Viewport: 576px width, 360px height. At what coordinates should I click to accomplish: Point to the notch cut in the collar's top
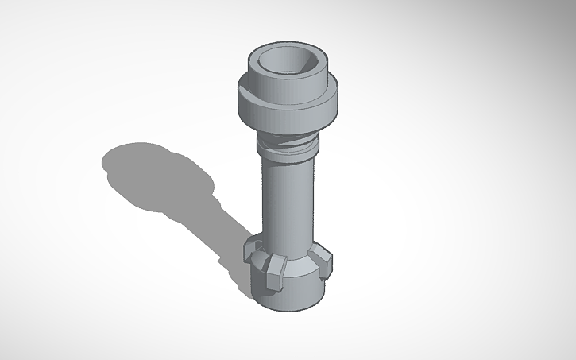pyautogui.click(x=253, y=96)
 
